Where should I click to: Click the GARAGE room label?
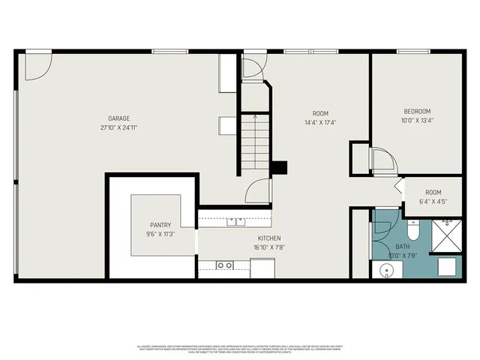118,118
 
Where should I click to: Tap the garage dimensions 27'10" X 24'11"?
118,127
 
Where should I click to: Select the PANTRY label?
160,224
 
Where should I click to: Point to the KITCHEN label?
268,238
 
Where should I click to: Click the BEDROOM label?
416,111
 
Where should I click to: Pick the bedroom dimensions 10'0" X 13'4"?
416,120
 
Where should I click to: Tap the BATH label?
403,246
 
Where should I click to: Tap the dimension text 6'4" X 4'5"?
433,202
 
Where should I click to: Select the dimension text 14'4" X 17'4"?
320,122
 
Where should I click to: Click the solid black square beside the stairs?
279,168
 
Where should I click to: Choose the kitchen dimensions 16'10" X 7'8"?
268,247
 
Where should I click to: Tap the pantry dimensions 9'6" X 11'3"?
160,233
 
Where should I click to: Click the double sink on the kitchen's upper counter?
236,220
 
